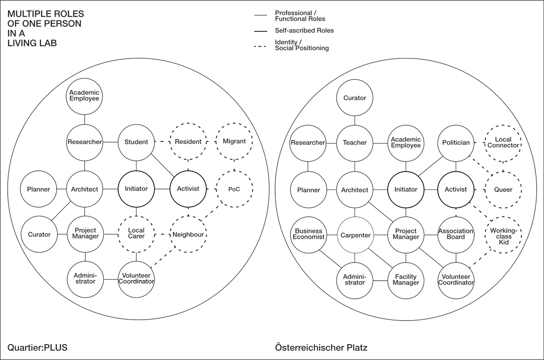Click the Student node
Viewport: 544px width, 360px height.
[x=136, y=142]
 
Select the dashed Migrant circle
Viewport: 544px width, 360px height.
[x=234, y=141]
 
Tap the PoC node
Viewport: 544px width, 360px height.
[x=234, y=189]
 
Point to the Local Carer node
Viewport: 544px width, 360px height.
[x=136, y=234]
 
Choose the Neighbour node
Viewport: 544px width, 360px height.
[x=188, y=235]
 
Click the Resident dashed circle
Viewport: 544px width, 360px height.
[x=188, y=142]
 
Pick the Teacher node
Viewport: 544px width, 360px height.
[x=355, y=143]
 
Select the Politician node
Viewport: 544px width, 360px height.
[x=456, y=143]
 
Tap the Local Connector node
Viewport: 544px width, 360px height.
[x=503, y=142]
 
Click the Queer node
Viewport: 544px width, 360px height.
[x=503, y=190]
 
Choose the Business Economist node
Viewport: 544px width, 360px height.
[x=308, y=234]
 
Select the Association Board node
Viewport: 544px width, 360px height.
[x=456, y=234]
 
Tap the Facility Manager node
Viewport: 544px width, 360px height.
[x=406, y=280]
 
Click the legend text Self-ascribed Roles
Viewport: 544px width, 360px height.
[x=304, y=31]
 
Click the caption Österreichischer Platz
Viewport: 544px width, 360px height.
[x=321, y=348]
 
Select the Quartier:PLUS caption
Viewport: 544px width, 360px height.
[x=37, y=348]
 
